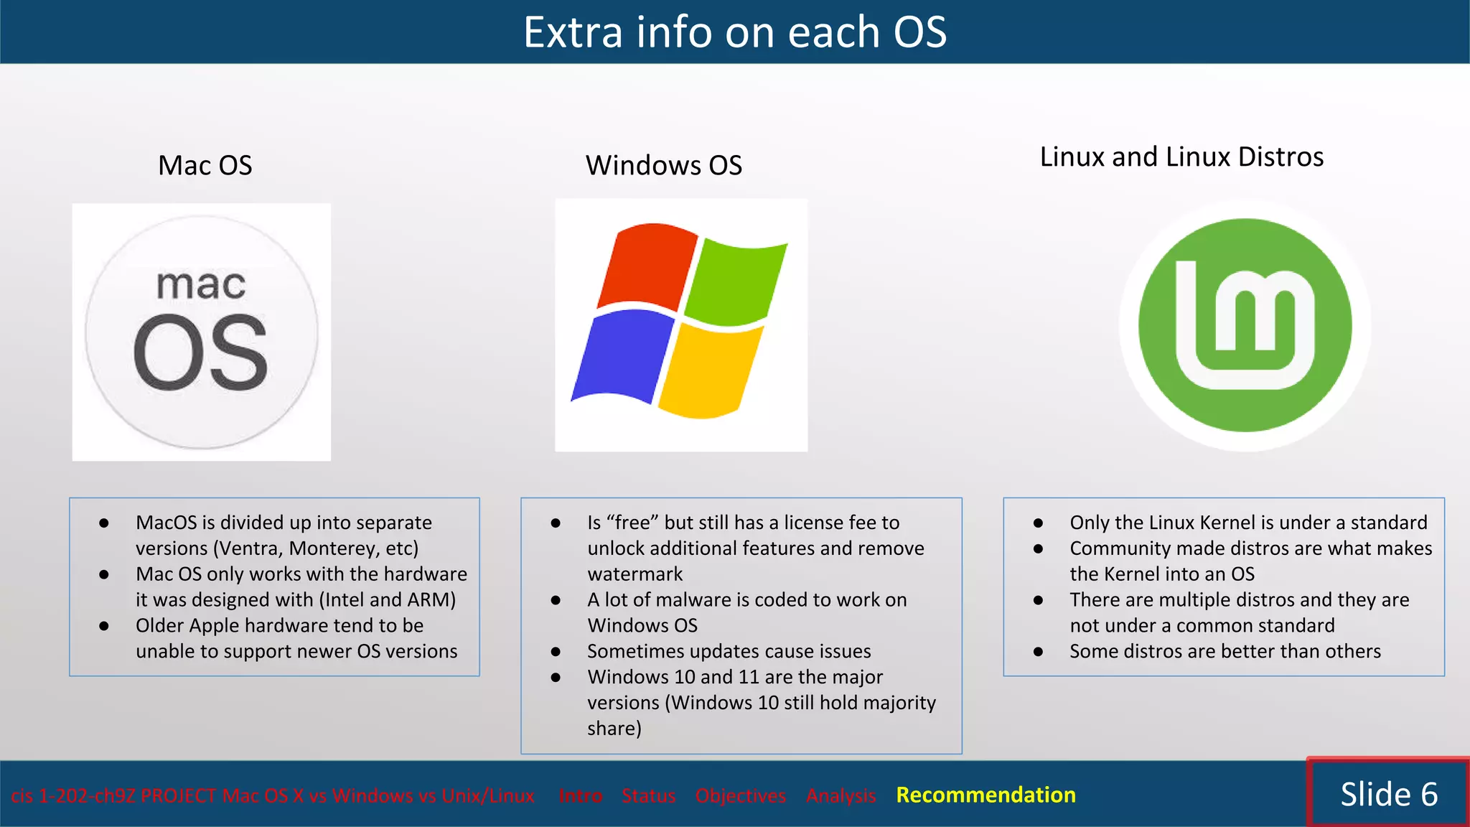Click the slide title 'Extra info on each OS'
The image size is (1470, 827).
click(x=734, y=32)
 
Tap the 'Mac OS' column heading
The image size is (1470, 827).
click(x=205, y=165)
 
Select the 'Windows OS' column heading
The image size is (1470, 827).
click(x=663, y=165)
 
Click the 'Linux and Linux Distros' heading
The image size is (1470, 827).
click(x=1181, y=156)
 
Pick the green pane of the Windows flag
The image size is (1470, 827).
click(x=736, y=280)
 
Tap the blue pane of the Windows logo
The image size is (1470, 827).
click(x=621, y=355)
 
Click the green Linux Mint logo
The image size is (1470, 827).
click(x=1245, y=325)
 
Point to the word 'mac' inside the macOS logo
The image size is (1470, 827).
click(x=201, y=284)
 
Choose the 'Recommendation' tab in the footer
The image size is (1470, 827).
click(x=986, y=795)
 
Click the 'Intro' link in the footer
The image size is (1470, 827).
click(x=580, y=795)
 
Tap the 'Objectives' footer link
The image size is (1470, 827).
click(x=740, y=795)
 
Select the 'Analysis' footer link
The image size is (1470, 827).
click(x=841, y=795)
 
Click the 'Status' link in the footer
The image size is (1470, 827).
click(x=648, y=795)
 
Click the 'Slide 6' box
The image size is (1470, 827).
click(x=1388, y=794)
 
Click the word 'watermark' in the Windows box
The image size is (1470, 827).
click(x=635, y=574)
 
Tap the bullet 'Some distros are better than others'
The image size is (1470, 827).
click(x=1225, y=651)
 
